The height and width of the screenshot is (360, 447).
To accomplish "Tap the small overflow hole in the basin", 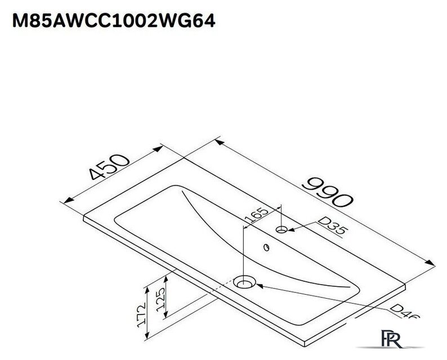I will [264, 247].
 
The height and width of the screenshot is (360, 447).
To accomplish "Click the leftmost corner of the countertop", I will [83, 214].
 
